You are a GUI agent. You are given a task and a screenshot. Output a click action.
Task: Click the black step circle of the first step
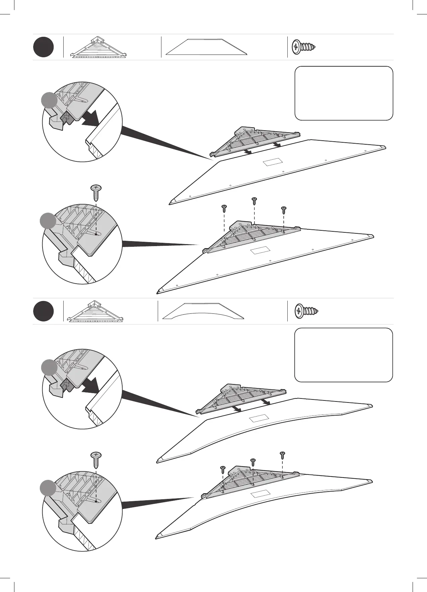(x=44, y=48)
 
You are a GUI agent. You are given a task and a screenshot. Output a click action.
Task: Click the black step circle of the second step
(x=44, y=311)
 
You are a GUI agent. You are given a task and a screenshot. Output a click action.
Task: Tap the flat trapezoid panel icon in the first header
(x=207, y=47)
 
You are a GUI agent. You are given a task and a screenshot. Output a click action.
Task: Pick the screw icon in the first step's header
(x=304, y=47)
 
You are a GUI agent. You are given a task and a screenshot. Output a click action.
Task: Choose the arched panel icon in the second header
(x=203, y=312)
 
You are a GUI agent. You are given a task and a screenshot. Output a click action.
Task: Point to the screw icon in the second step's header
(x=306, y=311)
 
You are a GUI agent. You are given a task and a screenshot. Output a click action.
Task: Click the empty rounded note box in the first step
(x=344, y=93)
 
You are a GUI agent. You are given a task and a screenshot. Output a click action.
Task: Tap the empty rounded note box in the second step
(x=343, y=355)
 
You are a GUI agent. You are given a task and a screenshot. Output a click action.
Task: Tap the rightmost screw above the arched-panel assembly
(x=282, y=455)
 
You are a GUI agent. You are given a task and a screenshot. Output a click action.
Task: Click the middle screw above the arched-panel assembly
(x=253, y=462)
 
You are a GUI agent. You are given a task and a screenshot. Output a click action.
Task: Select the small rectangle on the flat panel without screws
(x=273, y=162)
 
